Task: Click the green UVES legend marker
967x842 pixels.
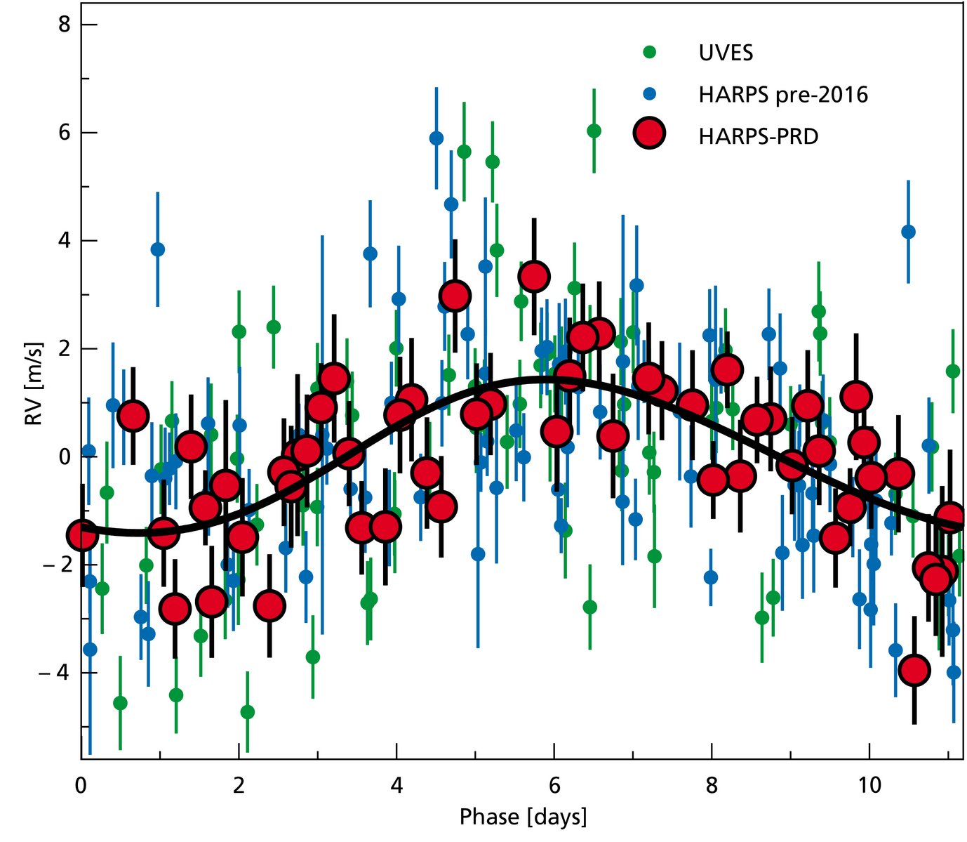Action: (650, 52)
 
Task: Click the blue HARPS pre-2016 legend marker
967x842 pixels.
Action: (650, 93)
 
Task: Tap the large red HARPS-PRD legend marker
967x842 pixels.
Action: (650, 133)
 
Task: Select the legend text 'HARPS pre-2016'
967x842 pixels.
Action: (783, 94)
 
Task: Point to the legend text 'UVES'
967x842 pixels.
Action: (726, 53)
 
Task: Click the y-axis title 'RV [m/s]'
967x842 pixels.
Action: (33, 385)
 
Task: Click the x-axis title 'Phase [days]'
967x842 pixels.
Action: (523, 817)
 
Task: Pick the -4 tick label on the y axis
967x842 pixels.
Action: (60, 673)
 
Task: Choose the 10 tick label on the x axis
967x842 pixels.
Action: (869, 784)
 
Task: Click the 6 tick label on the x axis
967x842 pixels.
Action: (554, 784)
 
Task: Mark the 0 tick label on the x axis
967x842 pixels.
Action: (81, 784)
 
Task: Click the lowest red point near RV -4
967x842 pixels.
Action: (914, 670)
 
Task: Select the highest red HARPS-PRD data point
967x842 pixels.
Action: (534, 277)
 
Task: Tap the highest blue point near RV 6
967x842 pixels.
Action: (436, 138)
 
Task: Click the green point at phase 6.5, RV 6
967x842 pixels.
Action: (594, 131)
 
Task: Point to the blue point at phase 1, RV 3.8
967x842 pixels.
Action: (158, 249)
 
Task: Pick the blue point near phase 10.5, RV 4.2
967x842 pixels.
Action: (908, 232)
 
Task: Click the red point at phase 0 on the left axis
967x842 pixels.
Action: (83, 535)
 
